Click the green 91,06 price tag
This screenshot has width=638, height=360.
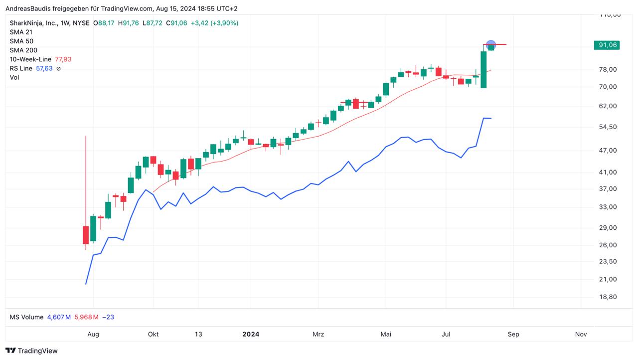pyautogui.click(x=606, y=45)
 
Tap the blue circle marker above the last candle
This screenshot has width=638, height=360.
pyautogui.click(x=491, y=45)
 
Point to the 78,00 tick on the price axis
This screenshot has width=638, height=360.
pyautogui.click(x=608, y=69)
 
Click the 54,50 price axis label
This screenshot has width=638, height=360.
pyautogui.click(x=608, y=127)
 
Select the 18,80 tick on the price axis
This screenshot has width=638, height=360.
pyautogui.click(x=608, y=297)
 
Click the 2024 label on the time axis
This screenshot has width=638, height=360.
pyautogui.click(x=251, y=334)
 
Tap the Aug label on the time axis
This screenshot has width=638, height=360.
pyautogui.click(x=93, y=334)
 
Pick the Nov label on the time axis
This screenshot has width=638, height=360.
pyautogui.click(x=581, y=334)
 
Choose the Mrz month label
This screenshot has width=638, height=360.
pyautogui.click(x=318, y=334)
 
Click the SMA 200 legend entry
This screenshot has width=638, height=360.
pyautogui.click(x=23, y=50)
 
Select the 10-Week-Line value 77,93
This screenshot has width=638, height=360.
pyautogui.click(x=63, y=59)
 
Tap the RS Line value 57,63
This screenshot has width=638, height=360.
pyautogui.click(x=44, y=68)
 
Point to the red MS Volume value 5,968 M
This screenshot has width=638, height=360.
pyautogui.click(x=87, y=317)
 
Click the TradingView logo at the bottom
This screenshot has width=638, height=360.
pyautogui.click(x=31, y=351)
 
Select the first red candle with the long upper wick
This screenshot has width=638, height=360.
pyautogui.click(x=86, y=234)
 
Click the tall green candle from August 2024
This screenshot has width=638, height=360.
pyautogui.click(x=483, y=69)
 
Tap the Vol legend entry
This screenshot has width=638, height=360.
pyautogui.click(x=14, y=77)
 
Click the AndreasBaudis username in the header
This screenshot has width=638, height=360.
pyautogui.click(x=28, y=8)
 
